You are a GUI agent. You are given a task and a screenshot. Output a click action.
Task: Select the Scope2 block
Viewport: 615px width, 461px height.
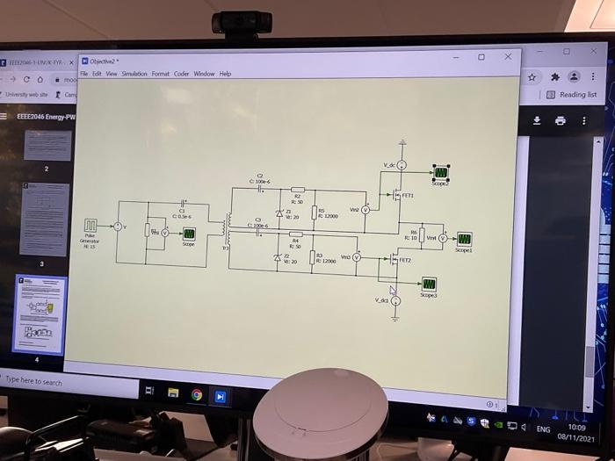point(440,172)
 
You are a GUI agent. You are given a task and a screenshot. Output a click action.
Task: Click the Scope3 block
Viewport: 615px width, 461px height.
point(429,284)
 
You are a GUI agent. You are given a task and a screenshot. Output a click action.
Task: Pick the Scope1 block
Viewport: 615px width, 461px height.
point(464,238)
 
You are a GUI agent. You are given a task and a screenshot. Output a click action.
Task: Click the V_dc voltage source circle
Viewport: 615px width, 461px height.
point(402,165)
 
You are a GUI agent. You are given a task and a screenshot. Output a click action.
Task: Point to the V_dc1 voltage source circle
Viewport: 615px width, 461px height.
point(395,300)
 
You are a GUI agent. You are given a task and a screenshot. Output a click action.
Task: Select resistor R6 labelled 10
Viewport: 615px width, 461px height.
point(422,237)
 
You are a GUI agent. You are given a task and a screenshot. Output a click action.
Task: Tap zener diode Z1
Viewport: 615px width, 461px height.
point(279,213)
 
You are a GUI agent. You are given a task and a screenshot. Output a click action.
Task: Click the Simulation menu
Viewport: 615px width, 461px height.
point(134,74)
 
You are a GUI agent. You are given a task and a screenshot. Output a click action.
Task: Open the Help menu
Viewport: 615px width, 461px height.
point(226,74)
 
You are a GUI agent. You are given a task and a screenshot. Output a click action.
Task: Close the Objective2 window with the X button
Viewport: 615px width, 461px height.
point(508,57)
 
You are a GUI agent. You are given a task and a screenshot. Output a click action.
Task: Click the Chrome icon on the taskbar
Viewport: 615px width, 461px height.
point(197,394)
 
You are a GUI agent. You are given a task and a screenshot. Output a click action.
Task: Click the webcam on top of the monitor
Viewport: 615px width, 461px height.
point(241,22)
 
